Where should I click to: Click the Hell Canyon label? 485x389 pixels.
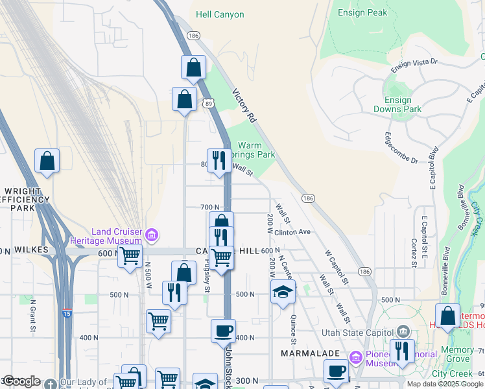220,14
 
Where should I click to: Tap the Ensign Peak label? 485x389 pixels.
363,12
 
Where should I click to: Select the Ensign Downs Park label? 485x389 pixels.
397,104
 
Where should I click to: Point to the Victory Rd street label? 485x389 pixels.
244,106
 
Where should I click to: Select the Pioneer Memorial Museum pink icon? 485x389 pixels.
355,357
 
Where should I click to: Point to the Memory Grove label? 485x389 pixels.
457,354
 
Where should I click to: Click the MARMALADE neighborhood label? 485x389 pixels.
306,353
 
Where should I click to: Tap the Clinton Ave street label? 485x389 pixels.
292,232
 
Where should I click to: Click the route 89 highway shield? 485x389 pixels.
208,103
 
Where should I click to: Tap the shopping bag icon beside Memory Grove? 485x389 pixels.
447,317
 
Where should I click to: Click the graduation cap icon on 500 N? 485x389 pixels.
283,292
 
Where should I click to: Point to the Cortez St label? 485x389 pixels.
413,252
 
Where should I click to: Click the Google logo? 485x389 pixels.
21,381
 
